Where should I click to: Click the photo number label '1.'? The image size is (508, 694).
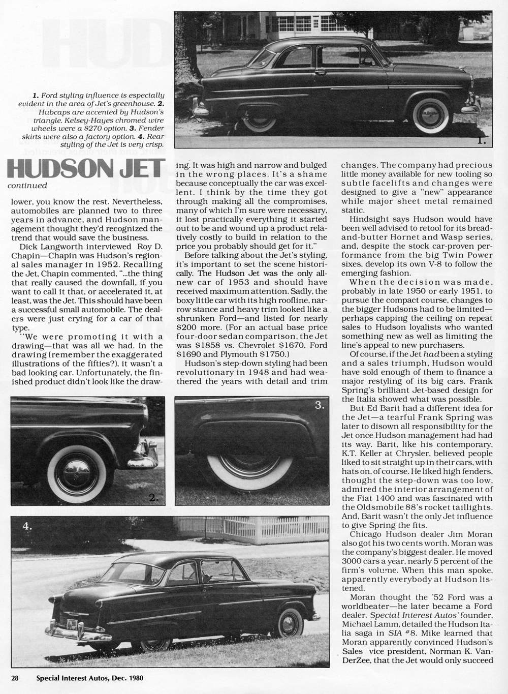(x=481, y=142)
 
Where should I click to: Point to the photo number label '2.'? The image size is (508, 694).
(x=153, y=497)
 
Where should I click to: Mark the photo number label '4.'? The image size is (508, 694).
(x=26, y=526)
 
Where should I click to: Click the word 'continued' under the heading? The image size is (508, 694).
(x=28, y=186)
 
